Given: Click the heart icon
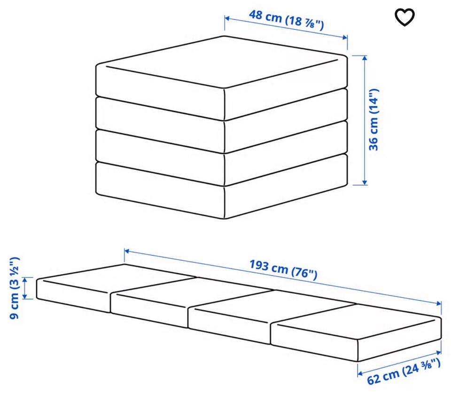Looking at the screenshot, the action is click(404, 17).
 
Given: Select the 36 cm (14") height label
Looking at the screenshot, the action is click(373, 119).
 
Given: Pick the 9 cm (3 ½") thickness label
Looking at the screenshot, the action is click(14, 288).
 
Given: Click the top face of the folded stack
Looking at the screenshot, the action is click(221, 62).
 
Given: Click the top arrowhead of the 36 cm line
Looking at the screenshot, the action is click(365, 58).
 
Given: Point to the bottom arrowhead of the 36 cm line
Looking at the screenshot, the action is click(365, 182).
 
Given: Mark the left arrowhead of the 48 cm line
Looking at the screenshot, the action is click(226, 19).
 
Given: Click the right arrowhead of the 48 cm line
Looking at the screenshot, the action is click(345, 38).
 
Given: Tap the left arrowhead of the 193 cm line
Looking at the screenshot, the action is click(127, 251).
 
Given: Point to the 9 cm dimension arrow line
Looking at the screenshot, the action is click(25, 288).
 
